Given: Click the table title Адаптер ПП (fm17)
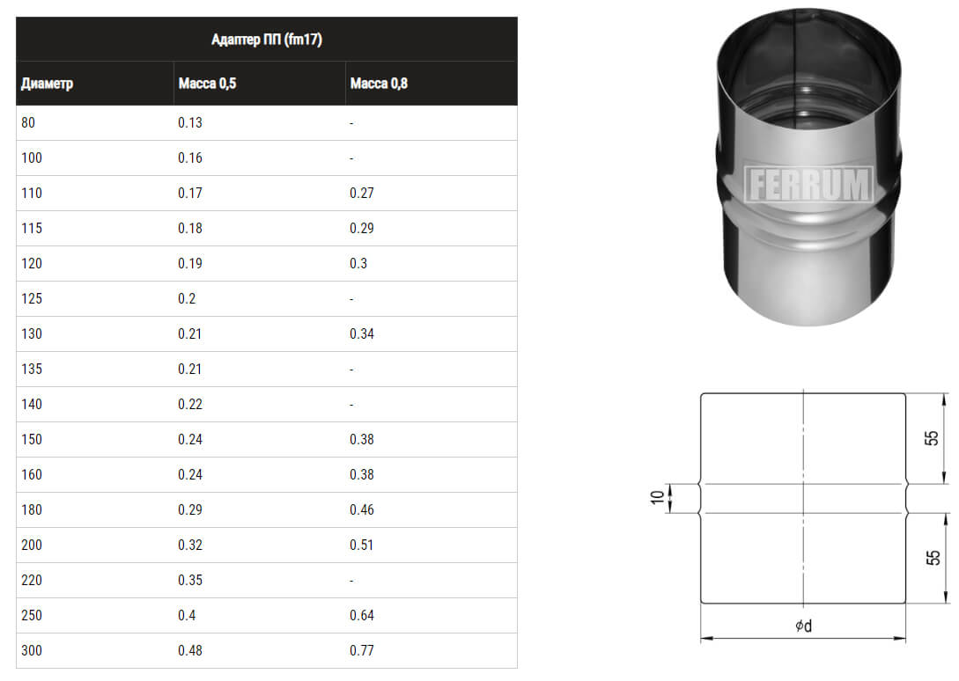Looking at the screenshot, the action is (x=267, y=40).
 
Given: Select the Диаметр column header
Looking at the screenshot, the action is (x=47, y=84).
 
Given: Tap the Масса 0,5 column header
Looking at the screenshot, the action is (x=207, y=84).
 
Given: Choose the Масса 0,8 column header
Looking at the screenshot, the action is (x=379, y=84).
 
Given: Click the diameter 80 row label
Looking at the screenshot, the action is (x=28, y=123).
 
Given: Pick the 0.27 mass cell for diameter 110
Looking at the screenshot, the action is (x=361, y=194).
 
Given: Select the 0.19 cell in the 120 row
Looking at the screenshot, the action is (x=189, y=263).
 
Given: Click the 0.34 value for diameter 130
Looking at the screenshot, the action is (x=361, y=333).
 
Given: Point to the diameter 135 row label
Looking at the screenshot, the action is (x=32, y=370).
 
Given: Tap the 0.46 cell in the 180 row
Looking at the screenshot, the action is (x=361, y=509).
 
